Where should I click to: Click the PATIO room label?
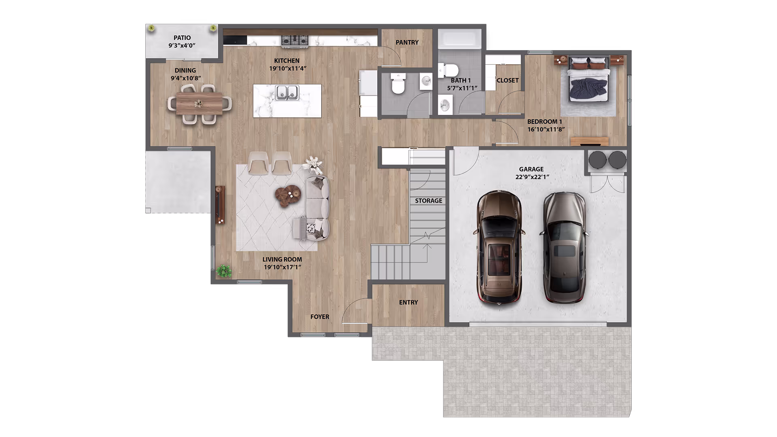coord(182,38)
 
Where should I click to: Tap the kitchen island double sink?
coord(287,93)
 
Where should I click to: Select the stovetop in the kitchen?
coord(295,40)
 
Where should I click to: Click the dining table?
coord(199,103)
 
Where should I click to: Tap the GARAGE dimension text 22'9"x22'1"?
coord(532,177)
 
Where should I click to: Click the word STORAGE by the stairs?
coord(429,201)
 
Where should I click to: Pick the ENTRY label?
coord(408,302)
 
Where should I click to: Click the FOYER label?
coord(320,317)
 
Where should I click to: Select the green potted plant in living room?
coord(223,271)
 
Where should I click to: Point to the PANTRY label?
coord(407,42)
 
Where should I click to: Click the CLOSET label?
coord(507,81)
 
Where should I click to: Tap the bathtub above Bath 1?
coord(460,39)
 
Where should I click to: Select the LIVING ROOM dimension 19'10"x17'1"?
coord(282,267)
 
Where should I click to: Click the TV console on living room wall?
coord(220,205)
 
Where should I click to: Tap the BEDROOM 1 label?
coord(544,121)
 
